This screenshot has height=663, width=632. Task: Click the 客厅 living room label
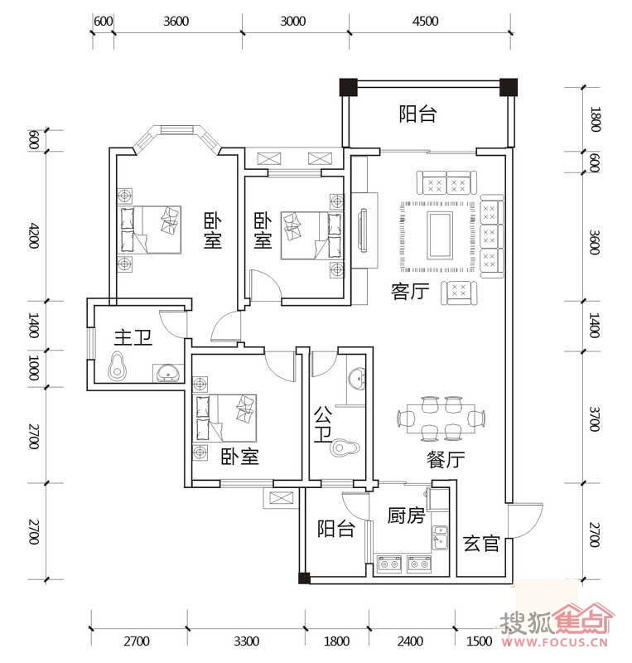pos(410,292)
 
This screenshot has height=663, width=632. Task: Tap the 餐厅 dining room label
pos(446,459)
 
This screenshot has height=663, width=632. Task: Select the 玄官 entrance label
pos(481,543)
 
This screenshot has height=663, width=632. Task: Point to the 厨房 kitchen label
pos(406,515)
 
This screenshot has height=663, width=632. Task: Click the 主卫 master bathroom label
pos(133,338)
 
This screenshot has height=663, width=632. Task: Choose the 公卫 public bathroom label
pos(323,424)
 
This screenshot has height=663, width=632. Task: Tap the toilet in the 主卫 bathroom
pos(118,365)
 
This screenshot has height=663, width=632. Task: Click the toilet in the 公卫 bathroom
pos(345,448)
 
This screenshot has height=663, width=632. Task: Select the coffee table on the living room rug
pos(440,235)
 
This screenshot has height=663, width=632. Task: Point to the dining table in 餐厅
pos(441,419)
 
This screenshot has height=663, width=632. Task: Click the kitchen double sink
pos(440,538)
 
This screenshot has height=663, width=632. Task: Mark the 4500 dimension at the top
pos(425,22)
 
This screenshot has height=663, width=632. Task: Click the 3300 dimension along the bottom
pos(247,641)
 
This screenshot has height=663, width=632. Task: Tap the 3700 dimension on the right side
pos(595,419)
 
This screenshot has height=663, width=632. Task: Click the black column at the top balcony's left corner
pos(349,87)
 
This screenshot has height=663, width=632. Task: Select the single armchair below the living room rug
pos(459,293)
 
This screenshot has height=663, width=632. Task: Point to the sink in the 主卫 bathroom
pos(168,372)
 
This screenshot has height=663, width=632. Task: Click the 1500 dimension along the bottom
pos(479,641)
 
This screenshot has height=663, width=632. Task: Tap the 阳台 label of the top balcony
pos(417,114)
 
